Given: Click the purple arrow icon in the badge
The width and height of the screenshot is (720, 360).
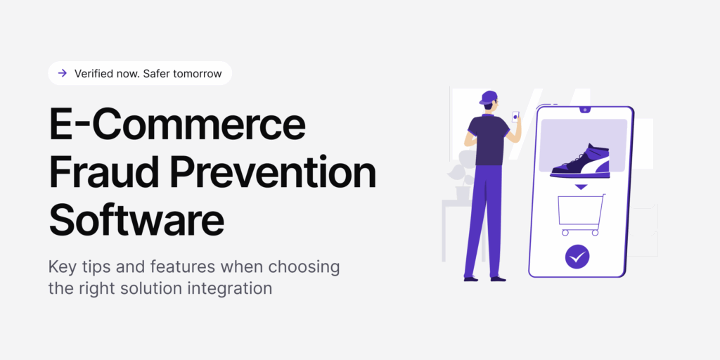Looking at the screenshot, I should click(x=63, y=73).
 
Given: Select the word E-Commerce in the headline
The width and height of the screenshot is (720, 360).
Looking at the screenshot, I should click(x=177, y=126).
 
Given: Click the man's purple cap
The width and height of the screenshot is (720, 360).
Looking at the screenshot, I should click(x=489, y=97).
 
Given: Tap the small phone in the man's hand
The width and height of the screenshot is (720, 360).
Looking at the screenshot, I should click(x=515, y=117).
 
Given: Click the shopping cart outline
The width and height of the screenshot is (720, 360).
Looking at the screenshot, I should click(x=581, y=214).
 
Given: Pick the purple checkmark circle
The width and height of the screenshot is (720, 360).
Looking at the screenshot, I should click(x=578, y=257).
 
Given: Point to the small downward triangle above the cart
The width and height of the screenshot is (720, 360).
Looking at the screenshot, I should click(x=580, y=187).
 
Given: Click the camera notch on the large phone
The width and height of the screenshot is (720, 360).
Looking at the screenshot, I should click(x=584, y=110).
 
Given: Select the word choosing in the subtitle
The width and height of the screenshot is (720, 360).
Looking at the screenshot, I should click(x=309, y=267).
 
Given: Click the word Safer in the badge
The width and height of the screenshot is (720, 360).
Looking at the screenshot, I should click(x=155, y=73).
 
